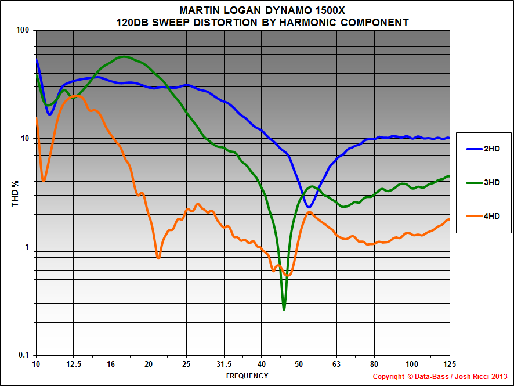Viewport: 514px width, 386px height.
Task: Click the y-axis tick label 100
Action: click(23, 30)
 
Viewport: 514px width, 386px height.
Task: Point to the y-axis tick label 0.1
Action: click(24, 355)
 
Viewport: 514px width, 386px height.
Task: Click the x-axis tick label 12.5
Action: click(74, 364)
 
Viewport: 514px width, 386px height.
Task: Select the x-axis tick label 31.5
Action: click(224, 364)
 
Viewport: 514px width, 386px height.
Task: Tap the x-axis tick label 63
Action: click(336, 364)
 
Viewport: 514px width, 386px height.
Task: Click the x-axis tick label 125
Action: click(449, 364)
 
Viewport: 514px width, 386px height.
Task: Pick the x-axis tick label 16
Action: click(111, 364)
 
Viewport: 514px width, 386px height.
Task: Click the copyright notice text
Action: click(440, 377)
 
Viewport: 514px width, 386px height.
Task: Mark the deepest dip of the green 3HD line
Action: click(284, 309)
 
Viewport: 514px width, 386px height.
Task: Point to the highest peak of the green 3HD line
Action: click(124, 56)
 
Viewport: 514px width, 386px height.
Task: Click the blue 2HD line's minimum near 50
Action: click(309, 207)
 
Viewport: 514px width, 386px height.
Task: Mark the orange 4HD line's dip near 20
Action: click(158, 258)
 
